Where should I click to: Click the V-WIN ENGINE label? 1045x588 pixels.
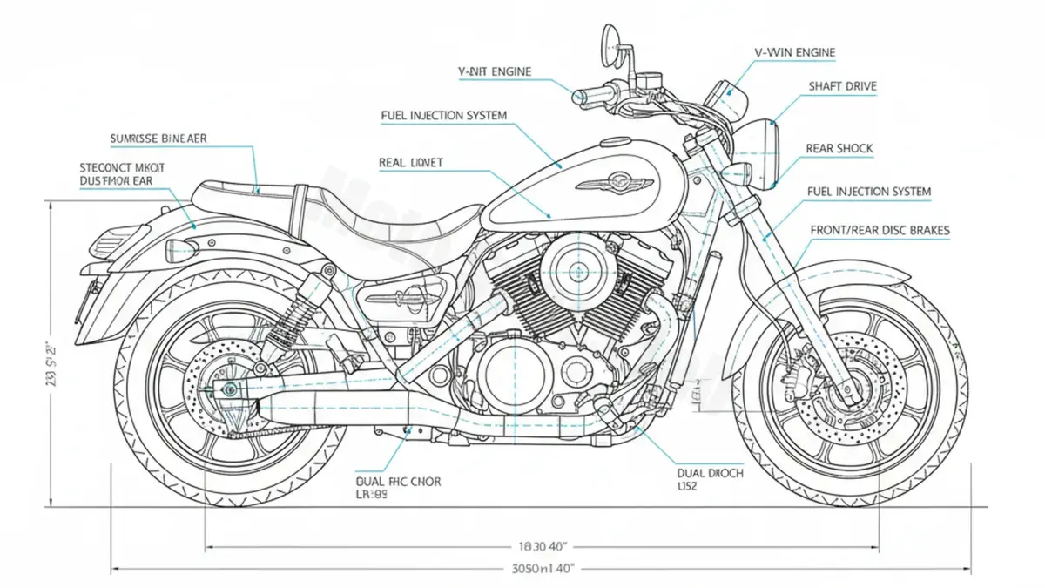794,53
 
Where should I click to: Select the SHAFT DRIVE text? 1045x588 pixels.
842,86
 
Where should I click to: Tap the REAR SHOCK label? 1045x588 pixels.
839,149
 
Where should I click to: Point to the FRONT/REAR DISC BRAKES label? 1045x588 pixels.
880,231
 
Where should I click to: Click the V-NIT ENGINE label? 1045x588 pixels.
495,71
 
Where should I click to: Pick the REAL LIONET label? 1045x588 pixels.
411,162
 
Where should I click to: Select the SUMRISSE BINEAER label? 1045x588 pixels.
158,139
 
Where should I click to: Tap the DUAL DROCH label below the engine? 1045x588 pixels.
710,473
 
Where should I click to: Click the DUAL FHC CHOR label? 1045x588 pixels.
399,481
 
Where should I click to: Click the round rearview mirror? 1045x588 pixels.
610,38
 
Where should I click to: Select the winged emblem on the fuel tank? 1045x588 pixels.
614,183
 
